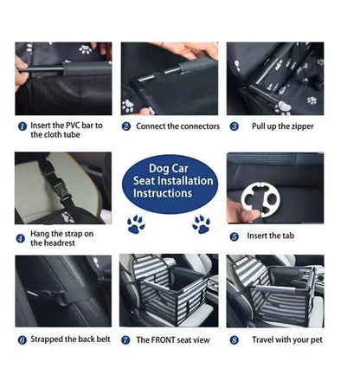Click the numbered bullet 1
[x=22, y=126]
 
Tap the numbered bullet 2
[x=126, y=126]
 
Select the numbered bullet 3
[x=234, y=126]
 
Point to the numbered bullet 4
[x=22, y=237]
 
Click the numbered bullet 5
[x=234, y=236]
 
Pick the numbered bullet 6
[x=22, y=340]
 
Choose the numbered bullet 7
[x=126, y=340]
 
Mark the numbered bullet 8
[x=234, y=340]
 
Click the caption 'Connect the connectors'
[x=177, y=126]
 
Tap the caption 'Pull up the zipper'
[x=284, y=126]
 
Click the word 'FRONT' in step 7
[x=162, y=340]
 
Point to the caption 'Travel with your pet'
[x=287, y=340]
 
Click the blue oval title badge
[x=169, y=182]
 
